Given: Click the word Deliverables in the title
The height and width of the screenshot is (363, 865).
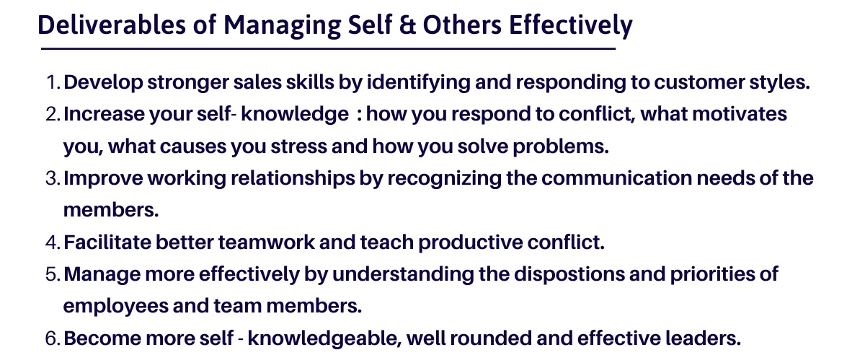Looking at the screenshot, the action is click(112, 25).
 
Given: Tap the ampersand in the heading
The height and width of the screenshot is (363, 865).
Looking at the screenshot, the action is click(407, 25).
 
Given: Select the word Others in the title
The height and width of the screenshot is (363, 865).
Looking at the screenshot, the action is click(462, 25).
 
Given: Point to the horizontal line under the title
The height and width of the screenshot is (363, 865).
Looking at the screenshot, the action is click(328, 48).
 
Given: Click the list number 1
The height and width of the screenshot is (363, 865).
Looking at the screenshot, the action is click(53, 82).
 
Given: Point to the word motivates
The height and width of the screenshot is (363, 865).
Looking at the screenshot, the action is click(740, 114).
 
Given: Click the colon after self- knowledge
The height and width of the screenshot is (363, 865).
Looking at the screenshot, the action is click(360, 115).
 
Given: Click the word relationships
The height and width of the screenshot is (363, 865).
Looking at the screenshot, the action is click(293, 178).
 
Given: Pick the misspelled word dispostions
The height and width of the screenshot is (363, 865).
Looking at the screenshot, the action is click(569, 274).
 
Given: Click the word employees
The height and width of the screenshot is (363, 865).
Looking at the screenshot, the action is click(116, 306).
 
